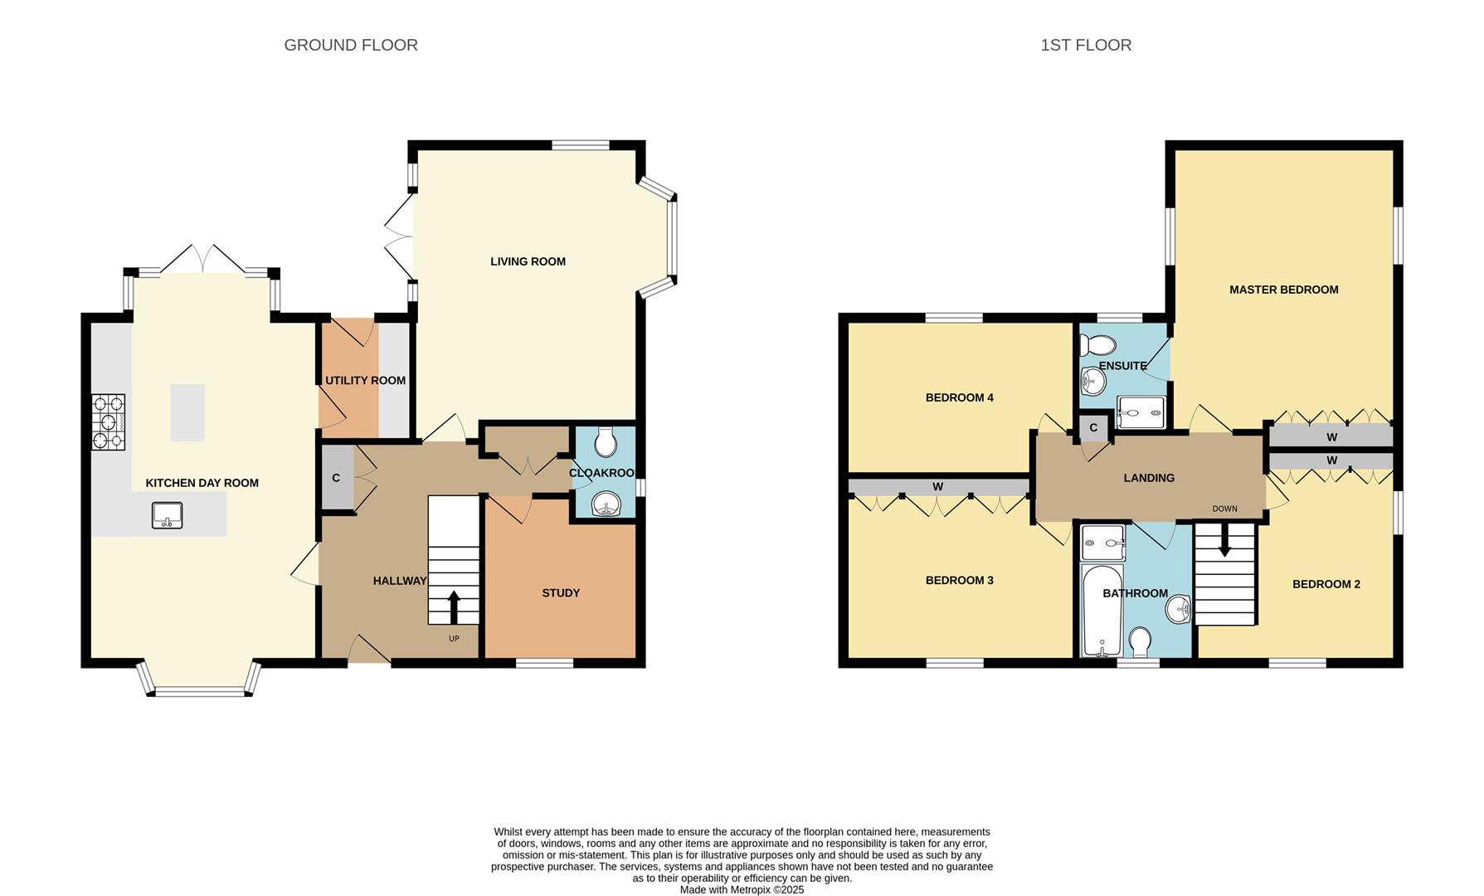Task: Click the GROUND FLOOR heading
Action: [350, 46]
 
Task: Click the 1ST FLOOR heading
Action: [1085, 46]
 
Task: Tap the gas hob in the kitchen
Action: [108, 421]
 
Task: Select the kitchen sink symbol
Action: [168, 515]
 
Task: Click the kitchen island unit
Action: [187, 412]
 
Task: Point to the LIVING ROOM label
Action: [528, 261]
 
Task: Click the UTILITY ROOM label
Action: [365, 381]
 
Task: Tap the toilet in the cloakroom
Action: [606, 443]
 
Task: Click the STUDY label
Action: [561, 593]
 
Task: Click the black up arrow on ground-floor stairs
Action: [453, 606]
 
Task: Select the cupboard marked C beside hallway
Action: [336, 478]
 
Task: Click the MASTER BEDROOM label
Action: [1283, 290]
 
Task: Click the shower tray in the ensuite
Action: [1141, 412]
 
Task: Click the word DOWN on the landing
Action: [1224, 509]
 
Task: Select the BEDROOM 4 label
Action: [959, 397]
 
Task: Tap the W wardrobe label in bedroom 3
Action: [937, 487]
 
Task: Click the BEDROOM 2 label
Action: [1326, 584]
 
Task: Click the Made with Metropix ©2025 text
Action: [742, 889]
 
